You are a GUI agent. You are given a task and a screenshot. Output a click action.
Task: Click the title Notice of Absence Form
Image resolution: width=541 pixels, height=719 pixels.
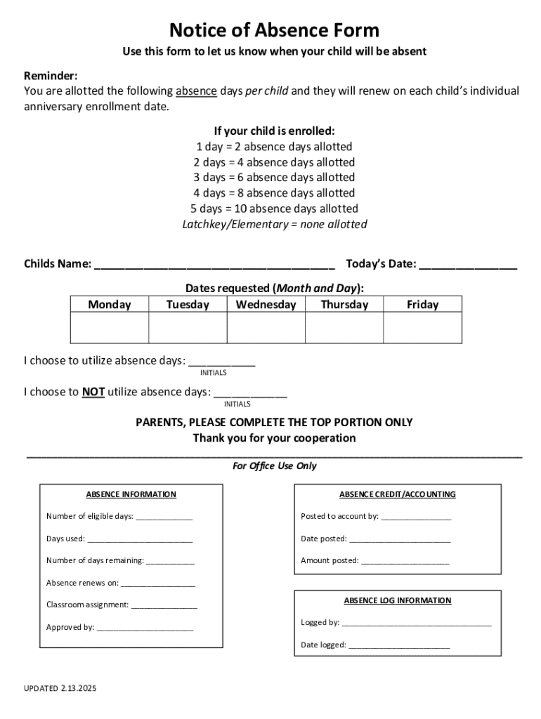(274, 30)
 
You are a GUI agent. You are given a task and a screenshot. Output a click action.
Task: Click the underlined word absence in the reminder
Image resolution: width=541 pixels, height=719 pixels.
(196, 91)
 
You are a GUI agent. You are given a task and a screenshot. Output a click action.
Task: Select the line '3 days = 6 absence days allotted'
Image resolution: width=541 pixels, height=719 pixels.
(274, 178)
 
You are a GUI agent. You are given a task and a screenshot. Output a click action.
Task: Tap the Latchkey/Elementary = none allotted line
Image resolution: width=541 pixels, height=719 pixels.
(274, 225)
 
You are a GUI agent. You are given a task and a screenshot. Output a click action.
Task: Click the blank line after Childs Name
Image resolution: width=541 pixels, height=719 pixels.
(214, 265)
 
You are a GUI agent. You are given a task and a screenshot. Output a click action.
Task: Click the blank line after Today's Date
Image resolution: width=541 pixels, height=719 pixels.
(468, 265)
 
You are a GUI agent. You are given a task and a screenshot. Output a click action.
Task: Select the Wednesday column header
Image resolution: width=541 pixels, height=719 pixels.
(266, 305)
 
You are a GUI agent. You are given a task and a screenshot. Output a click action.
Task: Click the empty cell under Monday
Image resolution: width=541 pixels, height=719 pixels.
(110, 328)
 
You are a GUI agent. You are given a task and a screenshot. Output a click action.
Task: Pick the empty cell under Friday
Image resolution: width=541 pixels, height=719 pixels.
(422, 328)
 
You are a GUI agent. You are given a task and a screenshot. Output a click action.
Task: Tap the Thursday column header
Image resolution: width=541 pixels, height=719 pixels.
(344, 305)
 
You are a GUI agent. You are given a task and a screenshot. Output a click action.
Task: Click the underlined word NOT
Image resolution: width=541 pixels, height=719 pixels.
(93, 392)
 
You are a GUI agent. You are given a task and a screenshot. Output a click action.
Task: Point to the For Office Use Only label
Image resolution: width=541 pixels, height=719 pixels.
(274, 466)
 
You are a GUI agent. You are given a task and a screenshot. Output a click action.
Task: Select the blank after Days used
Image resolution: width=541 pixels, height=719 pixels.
(140, 540)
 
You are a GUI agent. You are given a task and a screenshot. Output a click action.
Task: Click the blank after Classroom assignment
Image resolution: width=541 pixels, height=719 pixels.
(164, 605)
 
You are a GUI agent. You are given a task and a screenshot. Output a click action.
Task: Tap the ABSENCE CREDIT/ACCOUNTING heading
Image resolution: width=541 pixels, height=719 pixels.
(398, 494)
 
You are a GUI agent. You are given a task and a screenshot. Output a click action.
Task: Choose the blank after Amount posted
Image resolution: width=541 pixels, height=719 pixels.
(405, 562)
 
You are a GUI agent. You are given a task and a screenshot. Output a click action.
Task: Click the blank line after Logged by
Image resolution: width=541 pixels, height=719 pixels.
(417, 624)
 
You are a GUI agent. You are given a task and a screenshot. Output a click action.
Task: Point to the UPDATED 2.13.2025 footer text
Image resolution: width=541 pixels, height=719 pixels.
(60, 689)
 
